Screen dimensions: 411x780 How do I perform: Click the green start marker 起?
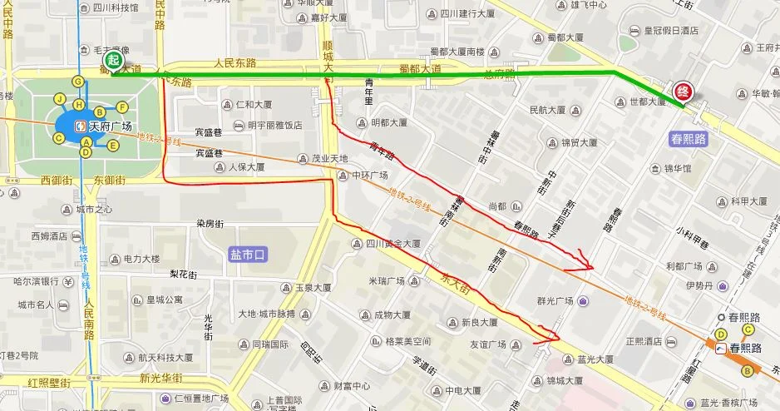(x=112, y=60)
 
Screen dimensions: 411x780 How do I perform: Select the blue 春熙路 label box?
(x=688, y=139)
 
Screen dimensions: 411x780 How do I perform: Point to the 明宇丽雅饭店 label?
(x=274, y=126)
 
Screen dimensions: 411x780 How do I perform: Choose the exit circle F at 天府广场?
(x=122, y=106)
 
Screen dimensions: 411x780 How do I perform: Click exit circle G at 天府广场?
(x=78, y=82)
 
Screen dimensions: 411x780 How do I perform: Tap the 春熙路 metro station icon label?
(x=744, y=348)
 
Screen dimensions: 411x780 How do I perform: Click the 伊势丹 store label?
(x=699, y=285)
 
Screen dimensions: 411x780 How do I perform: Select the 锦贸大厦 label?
(x=576, y=142)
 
